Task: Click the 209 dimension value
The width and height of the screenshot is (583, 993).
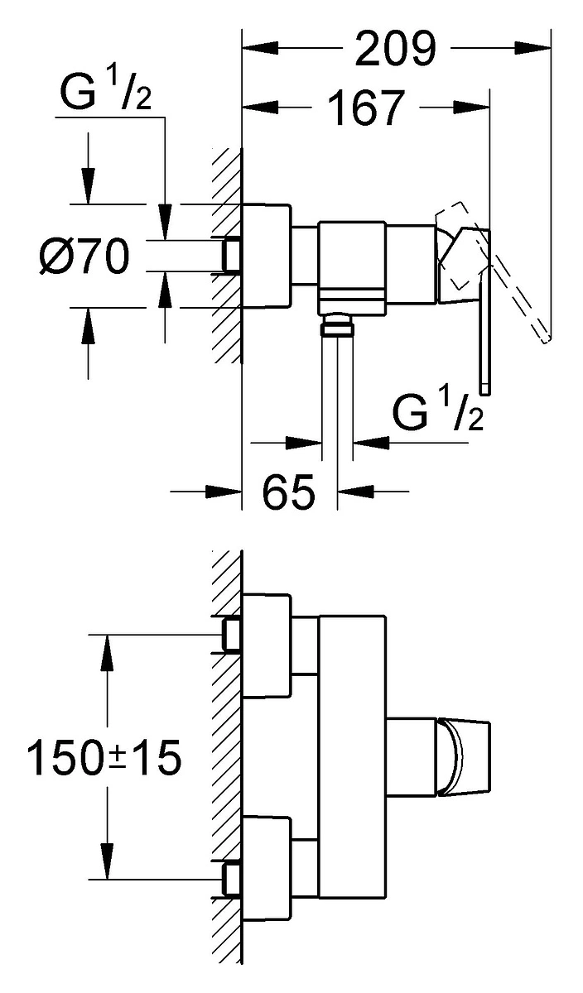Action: point(396,48)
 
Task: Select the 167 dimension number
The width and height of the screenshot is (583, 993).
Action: point(367,108)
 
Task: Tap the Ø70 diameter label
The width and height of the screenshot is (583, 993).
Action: point(84,257)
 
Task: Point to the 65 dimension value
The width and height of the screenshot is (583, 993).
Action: point(288,492)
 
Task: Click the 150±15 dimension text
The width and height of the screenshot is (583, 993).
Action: point(104,757)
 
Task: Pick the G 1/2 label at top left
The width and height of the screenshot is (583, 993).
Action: point(106,92)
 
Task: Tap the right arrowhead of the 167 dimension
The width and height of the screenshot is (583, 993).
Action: point(472,108)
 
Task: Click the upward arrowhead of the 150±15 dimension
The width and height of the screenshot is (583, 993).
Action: point(107,653)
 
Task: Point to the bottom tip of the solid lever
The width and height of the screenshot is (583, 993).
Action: point(485,393)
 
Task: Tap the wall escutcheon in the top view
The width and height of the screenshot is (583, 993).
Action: point(266,256)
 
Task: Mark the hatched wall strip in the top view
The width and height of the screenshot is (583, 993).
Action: point(227,256)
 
